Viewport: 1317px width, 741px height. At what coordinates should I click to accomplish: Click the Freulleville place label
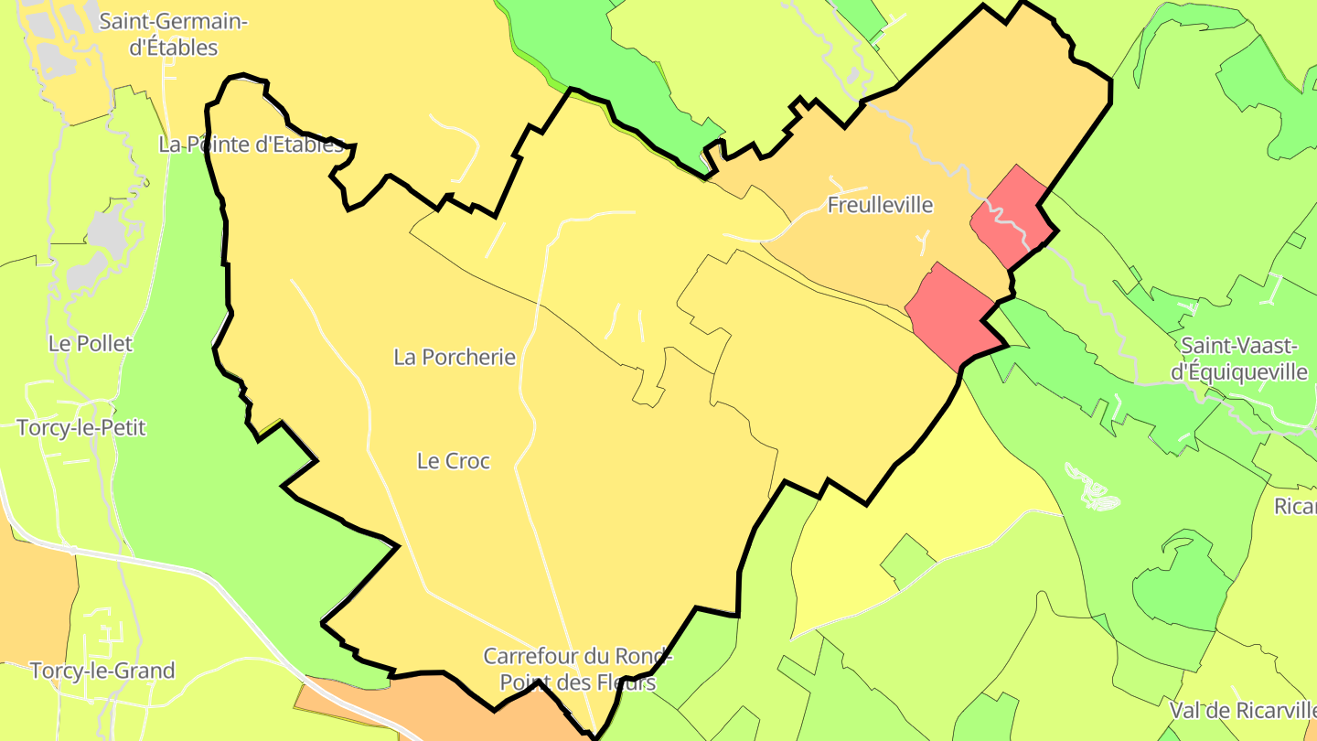[x=880, y=205]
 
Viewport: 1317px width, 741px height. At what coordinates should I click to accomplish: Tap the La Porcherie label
[x=455, y=357]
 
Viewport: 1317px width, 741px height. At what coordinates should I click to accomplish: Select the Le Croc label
[x=454, y=461]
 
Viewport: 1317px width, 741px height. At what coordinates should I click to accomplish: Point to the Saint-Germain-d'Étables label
[x=173, y=35]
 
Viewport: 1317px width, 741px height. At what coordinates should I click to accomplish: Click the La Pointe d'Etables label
[x=252, y=144]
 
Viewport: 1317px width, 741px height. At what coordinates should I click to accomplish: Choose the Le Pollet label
[x=91, y=344]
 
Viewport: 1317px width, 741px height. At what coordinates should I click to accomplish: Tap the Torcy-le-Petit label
[x=81, y=427]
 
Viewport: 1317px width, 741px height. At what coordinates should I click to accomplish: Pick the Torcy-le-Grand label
[x=102, y=671]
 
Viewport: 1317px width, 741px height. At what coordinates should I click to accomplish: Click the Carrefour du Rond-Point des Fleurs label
[x=577, y=670]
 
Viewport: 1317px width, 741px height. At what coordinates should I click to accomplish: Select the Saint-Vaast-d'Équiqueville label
[x=1244, y=359]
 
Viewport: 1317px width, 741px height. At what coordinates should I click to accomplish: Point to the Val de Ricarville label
[x=1242, y=710]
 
